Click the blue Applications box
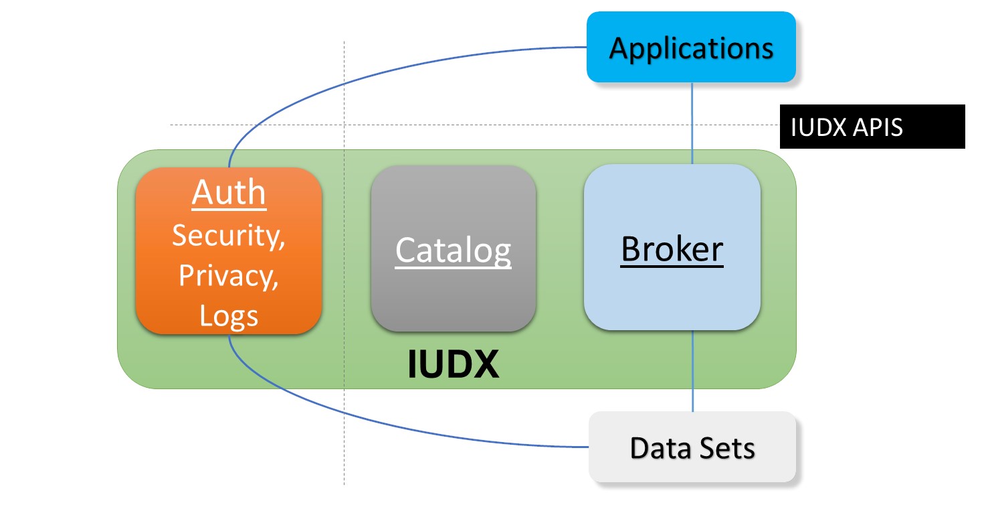691,47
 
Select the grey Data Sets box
692,447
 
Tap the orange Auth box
229,250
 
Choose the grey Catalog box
453,249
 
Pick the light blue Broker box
672,247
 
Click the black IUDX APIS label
872,127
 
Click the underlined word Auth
229,193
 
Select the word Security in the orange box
227,236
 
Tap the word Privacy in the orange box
227,276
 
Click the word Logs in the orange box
229,315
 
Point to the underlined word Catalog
453,250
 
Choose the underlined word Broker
672,249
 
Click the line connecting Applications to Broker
692,124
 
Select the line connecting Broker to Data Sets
692,372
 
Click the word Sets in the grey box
728,447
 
